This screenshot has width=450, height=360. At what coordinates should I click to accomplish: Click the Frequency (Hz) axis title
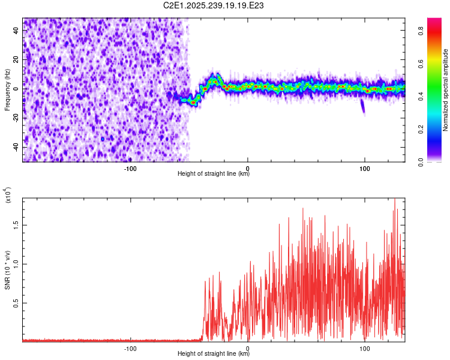tap(7, 89)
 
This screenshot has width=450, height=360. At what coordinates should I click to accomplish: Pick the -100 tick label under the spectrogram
tap(131, 167)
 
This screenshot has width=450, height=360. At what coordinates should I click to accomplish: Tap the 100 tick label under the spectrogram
tap(364, 167)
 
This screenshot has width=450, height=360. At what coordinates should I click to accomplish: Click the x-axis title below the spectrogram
tap(214, 174)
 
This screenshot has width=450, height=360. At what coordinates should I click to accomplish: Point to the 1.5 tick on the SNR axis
tap(14, 224)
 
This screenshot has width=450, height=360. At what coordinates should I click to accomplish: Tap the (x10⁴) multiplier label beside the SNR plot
tap(7, 196)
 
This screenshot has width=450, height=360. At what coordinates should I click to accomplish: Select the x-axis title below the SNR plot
tap(214, 354)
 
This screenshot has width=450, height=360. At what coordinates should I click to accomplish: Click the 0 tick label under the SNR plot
tap(248, 347)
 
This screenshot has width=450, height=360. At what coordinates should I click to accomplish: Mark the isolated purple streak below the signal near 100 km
tap(362, 106)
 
